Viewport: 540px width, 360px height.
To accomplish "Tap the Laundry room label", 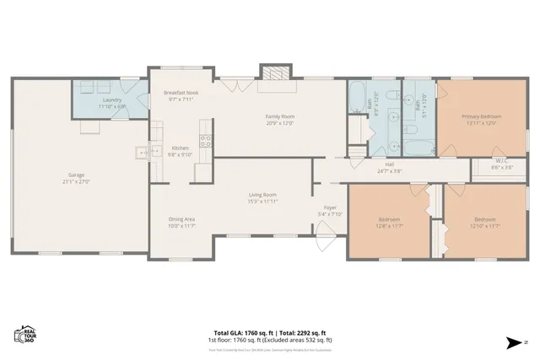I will tap(111, 102).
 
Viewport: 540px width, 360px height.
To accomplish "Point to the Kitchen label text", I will tap(181, 148).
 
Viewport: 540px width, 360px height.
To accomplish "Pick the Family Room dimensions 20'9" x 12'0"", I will tap(279, 121).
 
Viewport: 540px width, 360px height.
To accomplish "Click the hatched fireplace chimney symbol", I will tap(275, 72).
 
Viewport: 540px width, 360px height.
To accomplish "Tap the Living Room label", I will tap(262, 195).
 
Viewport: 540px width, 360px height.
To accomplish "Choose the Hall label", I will tap(390, 164).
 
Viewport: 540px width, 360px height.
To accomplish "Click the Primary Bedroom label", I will tap(481, 116).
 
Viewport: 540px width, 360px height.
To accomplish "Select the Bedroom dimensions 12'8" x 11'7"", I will tap(389, 226).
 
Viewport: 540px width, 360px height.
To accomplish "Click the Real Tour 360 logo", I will tap(24, 335).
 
